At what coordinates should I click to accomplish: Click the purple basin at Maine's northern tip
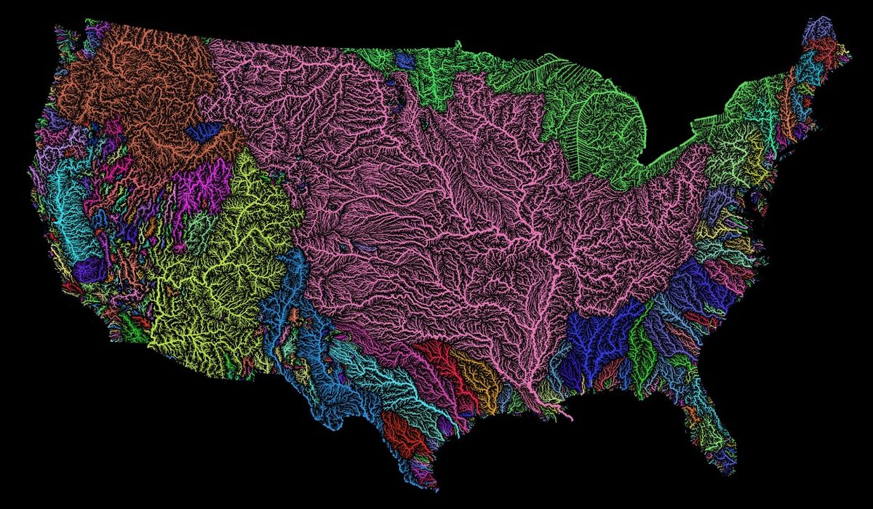tap(818, 29)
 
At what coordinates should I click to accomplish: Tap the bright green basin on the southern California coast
tap(135, 331)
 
